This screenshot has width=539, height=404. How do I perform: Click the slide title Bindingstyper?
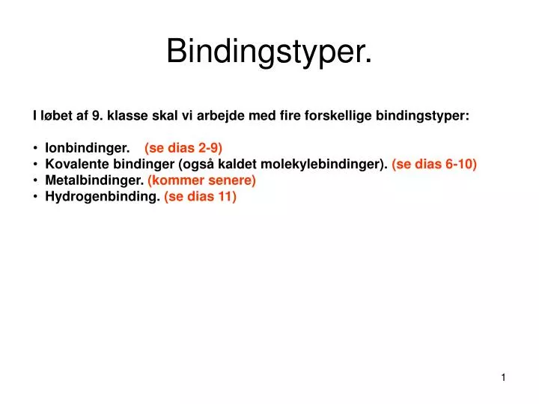(x=269, y=51)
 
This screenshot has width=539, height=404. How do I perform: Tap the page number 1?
(x=504, y=378)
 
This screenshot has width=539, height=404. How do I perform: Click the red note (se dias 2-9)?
(x=183, y=147)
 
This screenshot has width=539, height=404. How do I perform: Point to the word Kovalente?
(x=73, y=164)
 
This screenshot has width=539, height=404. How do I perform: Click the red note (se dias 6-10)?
(x=434, y=164)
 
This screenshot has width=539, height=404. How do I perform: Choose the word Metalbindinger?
(x=94, y=180)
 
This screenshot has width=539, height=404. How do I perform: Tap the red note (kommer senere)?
(x=202, y=180)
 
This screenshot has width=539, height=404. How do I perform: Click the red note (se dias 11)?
(x=200, y=197)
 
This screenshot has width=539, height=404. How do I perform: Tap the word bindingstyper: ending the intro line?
(x=422, y=116)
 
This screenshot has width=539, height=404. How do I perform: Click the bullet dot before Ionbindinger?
(x=35, y=147)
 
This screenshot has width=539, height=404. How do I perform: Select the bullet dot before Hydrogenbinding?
(x=35, y=197)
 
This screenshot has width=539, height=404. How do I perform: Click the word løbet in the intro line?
(x=55, y=116)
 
